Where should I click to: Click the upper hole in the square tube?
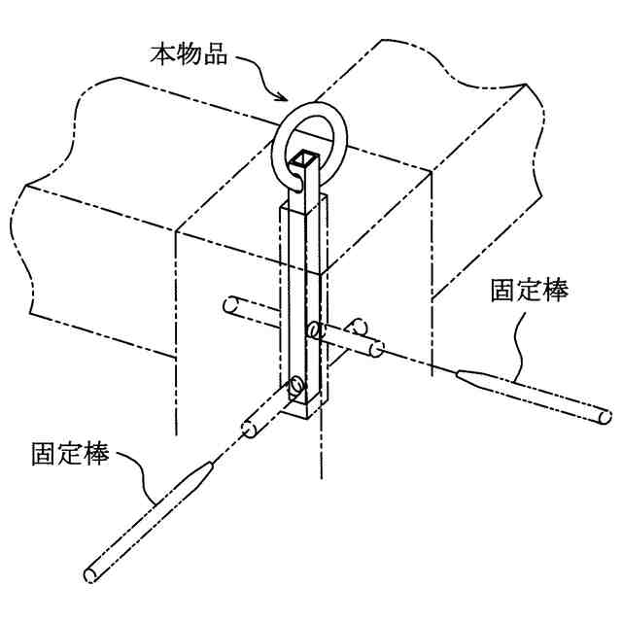tap(313, 331)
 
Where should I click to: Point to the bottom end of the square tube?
tap(306, 413)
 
